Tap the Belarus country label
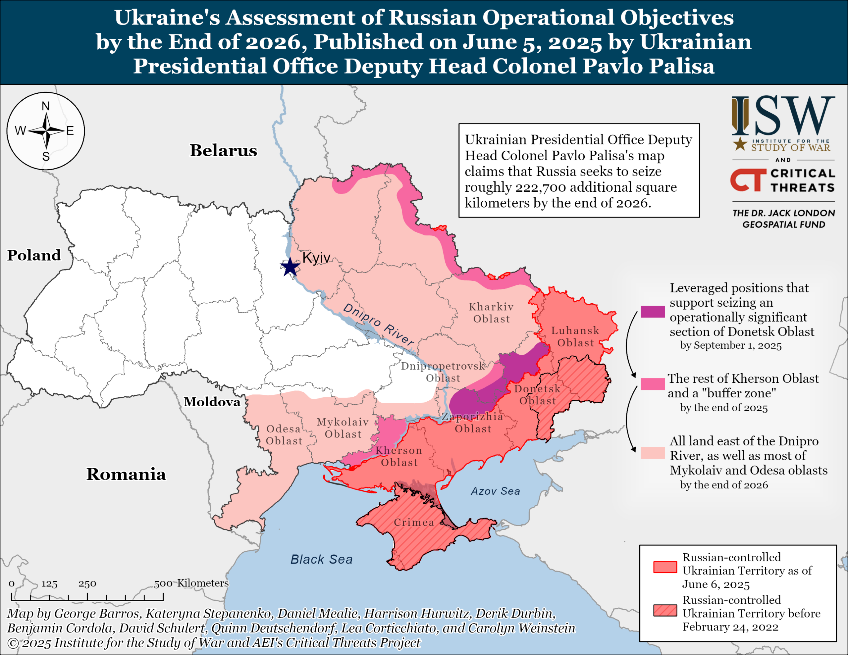coord(223,150)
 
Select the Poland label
coord(34,255)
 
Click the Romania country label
coord(126,474)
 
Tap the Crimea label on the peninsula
coord(414,522)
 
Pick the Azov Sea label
coord(496,491)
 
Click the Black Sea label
coord(322,559)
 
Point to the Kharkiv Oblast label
coord(491,313)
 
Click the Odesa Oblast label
coord(284,434)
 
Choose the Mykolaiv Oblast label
coord(343,428)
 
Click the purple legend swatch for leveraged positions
coord(652,311)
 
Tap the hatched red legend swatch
coord(665,610)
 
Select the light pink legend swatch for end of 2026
coord(652,453)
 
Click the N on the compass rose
coord(46,106)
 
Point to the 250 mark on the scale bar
coord(87,583)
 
